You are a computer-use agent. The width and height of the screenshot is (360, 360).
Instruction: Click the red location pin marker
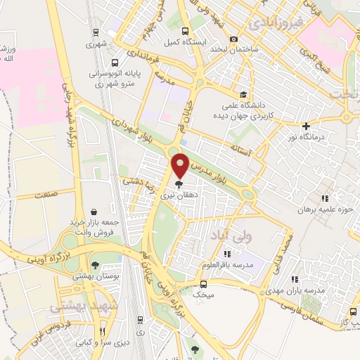pos(181,165)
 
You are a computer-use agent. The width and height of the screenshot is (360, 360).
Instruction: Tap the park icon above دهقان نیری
pos(179,183)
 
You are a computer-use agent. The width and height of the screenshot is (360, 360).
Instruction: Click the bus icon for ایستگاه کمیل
pos(185,31)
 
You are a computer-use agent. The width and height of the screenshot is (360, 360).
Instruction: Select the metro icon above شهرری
pos(94,32)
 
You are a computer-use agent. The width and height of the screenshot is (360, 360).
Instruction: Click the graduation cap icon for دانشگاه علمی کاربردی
pos(243,94)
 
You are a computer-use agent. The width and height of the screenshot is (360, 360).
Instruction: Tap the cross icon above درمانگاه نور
pos(305,127)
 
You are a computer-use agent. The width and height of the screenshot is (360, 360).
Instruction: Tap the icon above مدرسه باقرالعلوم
pos(226,253)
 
